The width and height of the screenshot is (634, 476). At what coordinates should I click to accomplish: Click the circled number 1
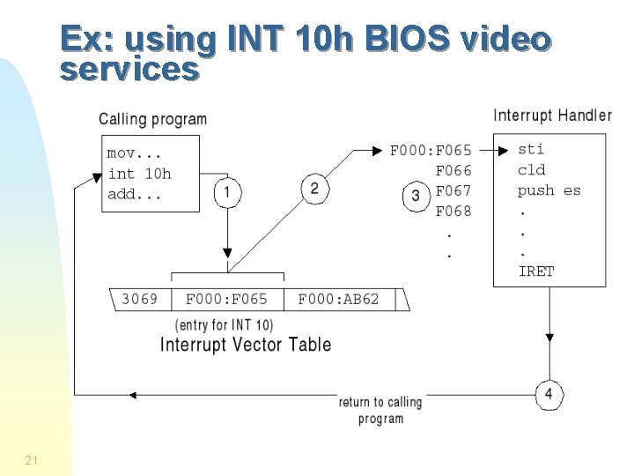227,191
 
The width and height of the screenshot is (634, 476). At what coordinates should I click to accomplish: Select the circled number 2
315,188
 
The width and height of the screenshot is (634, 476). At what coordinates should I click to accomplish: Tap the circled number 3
416,196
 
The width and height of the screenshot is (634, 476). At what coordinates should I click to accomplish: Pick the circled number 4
549,394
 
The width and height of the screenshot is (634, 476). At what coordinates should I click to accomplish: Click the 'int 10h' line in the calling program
140,173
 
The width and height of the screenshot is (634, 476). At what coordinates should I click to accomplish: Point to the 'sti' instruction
531,149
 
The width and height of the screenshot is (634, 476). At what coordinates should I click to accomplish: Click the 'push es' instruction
549,190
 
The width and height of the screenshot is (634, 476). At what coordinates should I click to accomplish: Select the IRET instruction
536,271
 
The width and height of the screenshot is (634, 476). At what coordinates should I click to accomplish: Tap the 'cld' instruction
532,170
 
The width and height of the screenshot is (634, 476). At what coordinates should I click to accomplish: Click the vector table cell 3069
139,299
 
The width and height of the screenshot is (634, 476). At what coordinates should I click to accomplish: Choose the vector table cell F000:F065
226,299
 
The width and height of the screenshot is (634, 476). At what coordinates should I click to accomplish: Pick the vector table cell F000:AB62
339,299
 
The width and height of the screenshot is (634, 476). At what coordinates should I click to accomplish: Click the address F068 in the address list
453,211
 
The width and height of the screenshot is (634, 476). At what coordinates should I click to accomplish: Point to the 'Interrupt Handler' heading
552,115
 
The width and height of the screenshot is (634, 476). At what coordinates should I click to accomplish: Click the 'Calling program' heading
152,118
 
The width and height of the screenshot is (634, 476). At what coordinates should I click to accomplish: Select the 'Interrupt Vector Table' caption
246,344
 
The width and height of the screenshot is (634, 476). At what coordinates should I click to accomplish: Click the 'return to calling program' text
380,410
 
